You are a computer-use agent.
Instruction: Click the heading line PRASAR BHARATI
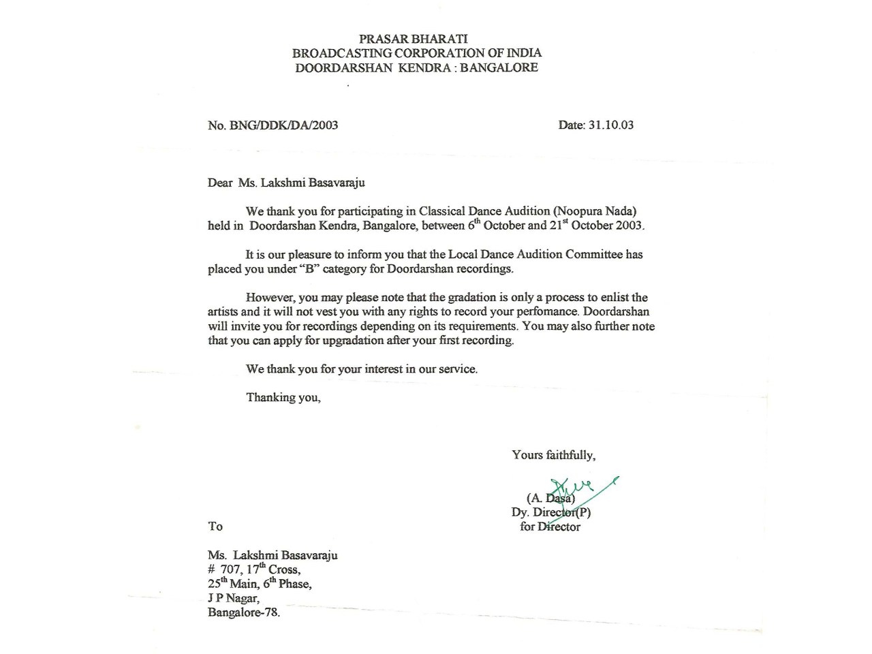[x=413, y=39]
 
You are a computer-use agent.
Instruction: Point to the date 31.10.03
[x=611, y=125]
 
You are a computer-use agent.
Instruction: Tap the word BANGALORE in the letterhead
[x=499, y=67]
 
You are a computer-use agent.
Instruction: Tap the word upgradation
[x=353, y=340]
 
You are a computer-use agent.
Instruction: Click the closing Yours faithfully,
[x=553, y=455]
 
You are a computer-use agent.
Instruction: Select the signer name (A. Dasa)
[x=550, y=499]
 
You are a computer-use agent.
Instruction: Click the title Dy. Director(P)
[x=550, y=512]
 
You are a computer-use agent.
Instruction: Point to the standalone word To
[x=215, y=526]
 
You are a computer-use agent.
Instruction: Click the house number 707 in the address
[x=232, y=570]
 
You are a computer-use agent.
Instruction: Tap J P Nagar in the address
[x=233, y=598]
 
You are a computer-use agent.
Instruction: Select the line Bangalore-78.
[x=243, y=612]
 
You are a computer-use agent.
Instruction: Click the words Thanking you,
[x=283, y=397]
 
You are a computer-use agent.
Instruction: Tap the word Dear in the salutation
[x=220, y=183]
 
